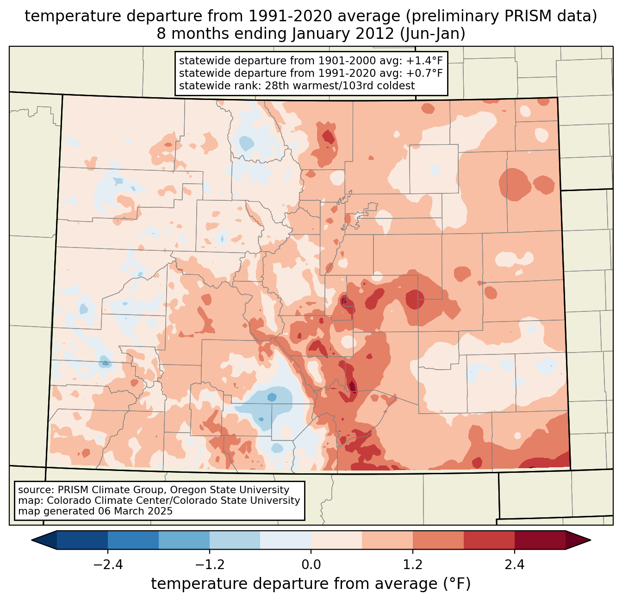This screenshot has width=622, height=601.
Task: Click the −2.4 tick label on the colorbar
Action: click(x=107, y=565)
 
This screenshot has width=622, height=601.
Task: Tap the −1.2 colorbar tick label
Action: click(x=209, y=565)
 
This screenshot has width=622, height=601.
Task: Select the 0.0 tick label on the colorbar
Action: click(x=311, y=565)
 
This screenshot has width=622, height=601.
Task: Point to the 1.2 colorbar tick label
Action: click(x=413, y=565)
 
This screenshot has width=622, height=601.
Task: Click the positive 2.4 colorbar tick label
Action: click(x=515, y=565)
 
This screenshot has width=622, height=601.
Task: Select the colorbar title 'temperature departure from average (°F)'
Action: click(x=311, y=584)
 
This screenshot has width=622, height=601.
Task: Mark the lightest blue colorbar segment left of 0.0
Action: click(x=286, y=540)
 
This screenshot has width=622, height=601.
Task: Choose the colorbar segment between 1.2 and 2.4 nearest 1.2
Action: click(x=438, y=540)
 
